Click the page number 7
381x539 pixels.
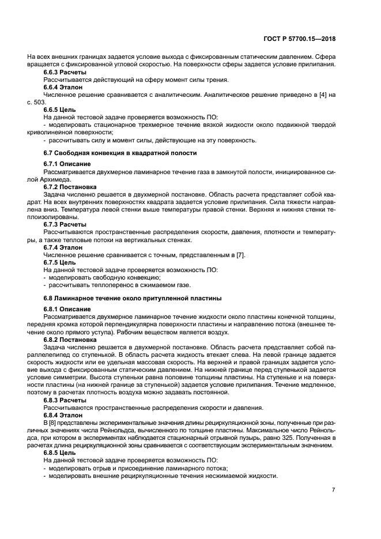pos(333,490)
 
